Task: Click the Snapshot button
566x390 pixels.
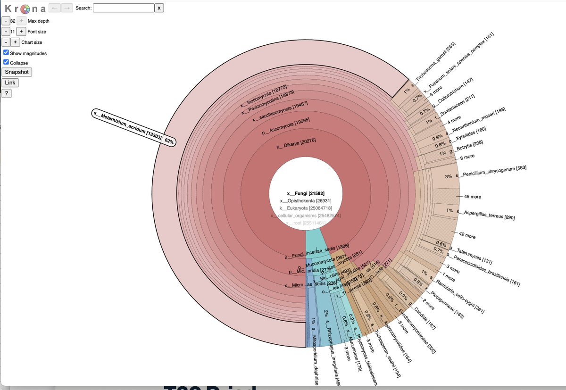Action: (x=17, y=72)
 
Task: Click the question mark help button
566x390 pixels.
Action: (x=6, y=93)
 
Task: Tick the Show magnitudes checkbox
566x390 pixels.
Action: (x=6, y=53)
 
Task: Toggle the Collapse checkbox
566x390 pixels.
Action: (x=6, y=62)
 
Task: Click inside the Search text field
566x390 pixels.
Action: (x=124, y=8)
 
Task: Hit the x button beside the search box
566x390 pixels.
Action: (x=160, y=8)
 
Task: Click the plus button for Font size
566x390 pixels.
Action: (x=21, y=32)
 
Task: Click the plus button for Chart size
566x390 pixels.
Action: (x=15, y=42)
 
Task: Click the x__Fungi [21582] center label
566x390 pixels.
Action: (x=306, y=193)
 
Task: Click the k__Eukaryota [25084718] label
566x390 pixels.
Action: (x=306, y=208)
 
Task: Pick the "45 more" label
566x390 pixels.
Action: (x=473, y=196)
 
